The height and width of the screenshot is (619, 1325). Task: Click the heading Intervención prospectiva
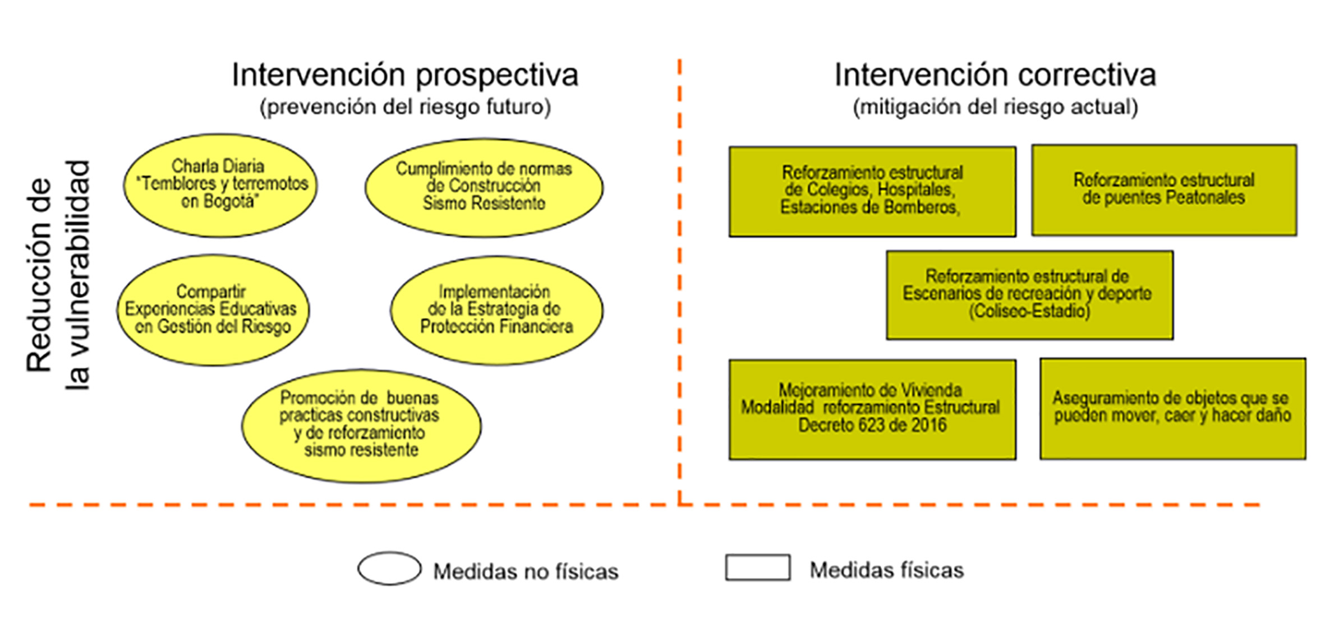(x=404, y=75)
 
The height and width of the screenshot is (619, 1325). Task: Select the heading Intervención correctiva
(x=995, y=75)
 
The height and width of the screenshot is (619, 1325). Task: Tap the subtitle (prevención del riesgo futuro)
(x=404, y=107)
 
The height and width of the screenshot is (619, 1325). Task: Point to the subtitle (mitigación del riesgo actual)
(x=995, y=107)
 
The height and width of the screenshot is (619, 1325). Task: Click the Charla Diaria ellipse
(x=220, y=185)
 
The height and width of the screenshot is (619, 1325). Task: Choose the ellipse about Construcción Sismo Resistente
(x=484, y=187)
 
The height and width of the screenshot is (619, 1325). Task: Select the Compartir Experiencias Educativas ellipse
(x=213, y=309)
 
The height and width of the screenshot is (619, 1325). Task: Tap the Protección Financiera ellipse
(x=496, y=309)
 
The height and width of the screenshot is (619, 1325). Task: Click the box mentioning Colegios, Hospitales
(x=872, y=191)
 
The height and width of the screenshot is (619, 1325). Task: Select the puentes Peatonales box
(x=1164, y=190)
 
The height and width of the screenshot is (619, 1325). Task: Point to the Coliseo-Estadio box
(x=1029, y=294)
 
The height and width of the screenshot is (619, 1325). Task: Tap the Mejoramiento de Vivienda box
(x=872, y=409)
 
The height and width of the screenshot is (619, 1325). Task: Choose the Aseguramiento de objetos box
(x=1172, y=408)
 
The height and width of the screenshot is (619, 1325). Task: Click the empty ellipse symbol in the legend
(x=389, y=568)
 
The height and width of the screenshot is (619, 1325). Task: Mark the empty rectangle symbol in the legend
(x=757, y=567)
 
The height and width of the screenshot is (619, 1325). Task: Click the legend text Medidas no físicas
(x=526, y=571)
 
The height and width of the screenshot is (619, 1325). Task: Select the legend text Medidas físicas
(x=886, y=570)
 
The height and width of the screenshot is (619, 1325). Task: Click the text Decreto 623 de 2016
(x=872, y=426)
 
